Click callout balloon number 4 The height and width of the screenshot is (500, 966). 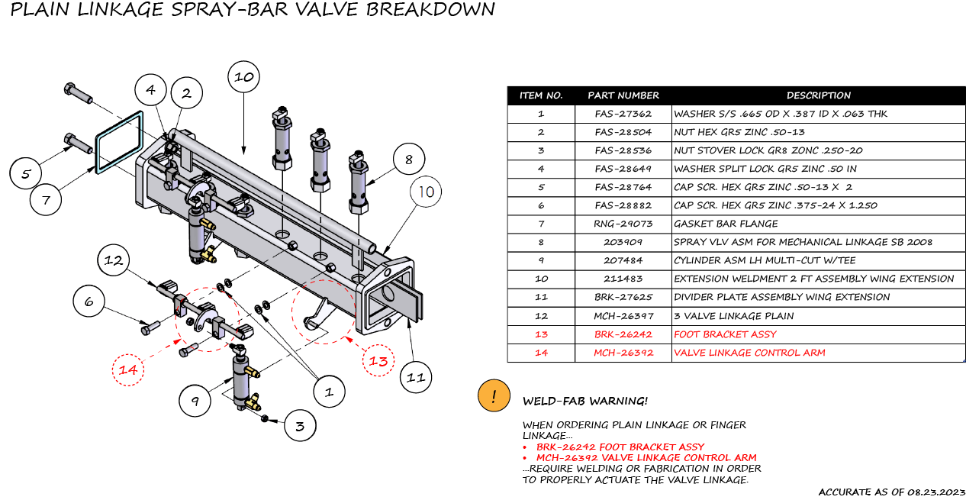pos(150,90)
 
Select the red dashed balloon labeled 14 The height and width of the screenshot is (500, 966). pos(128,369)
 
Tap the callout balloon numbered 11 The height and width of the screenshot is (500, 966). pos(415,377)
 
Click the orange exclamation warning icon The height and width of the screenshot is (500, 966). pos(494,396)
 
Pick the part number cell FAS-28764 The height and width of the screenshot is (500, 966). pos(623,187)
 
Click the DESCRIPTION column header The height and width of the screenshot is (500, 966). pos(818,95)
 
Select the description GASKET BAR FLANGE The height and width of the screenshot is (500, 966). pos(726,224)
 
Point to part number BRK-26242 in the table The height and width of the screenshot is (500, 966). pos(623,334)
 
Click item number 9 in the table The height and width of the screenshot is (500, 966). pos(540,260)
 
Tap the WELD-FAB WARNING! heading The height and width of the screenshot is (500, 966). pos(584,401)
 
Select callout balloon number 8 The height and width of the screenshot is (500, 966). pos(409,160)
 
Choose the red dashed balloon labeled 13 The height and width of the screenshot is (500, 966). pos(378,361)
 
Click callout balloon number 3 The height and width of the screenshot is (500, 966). pos(300,425)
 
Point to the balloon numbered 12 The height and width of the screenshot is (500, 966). pos(114,260)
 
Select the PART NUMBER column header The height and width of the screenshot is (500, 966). pos(623,95)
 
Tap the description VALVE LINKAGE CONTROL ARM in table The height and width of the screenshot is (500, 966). pos(749,352)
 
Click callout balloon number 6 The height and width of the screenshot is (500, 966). pos(89,302)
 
